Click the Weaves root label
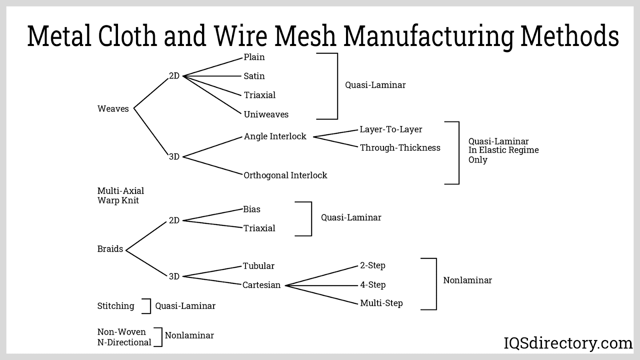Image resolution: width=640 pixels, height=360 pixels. click(x=113, y=109)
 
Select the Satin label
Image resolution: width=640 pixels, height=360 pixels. click(x=254, y=76)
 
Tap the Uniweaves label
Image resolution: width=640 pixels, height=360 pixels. click(x=266, y=114)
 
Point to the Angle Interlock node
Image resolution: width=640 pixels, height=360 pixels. click(x=275, y=136)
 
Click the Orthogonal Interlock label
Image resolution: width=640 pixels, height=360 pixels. click(x=286, y=175)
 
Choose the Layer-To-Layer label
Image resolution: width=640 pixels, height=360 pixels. click(x=391, y=130)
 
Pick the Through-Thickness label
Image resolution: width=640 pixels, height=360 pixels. click(x=400, y=148)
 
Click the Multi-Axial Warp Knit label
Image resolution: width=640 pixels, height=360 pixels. click(x=120, y=196)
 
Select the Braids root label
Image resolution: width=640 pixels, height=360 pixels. click(x=110, y=249)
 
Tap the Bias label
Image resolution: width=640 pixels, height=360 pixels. click(x=252, y=209)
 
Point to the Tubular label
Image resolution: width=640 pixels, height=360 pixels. click(x=259, y=266)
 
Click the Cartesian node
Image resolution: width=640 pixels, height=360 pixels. click(x=262, y=285)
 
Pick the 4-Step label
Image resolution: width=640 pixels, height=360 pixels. click(x=373, y=285)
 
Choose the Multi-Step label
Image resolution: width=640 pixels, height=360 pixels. click(x=381, y=303)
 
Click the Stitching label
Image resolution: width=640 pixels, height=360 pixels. click(x=116, y=306)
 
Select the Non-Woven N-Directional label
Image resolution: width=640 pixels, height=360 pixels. click(x=124, y=337)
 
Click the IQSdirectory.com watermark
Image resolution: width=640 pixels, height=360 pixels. click(x=568, y=343)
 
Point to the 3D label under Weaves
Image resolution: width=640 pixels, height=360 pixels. click(x=174, y=157)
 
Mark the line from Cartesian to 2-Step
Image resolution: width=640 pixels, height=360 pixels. click(x=322, y=276)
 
